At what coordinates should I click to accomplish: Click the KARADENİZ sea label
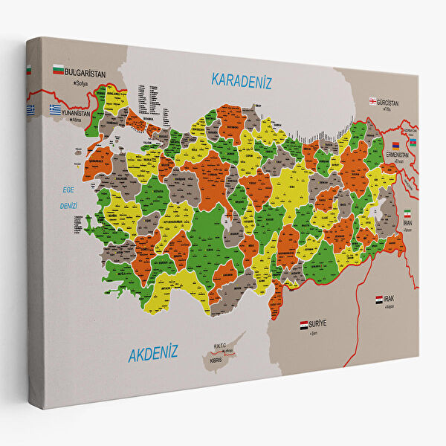pyautogui.click(x=241, y=80)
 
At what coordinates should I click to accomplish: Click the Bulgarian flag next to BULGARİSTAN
pyautogui.click(x=57, y=71)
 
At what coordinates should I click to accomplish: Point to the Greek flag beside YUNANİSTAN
pyautogui.click(x=55, y=109)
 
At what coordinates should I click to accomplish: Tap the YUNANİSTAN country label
pyautogui.click(x=77, y=114)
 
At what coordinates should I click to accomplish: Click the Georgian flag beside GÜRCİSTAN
pyautogui.click(x=373, y=101)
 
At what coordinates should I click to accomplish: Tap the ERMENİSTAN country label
pyautogui.click(x=401, y=154)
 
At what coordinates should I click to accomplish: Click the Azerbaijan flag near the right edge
pyautogui.click(x=413, y=142)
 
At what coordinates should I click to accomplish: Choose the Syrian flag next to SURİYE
pyautogui.click(x=303, y=326)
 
